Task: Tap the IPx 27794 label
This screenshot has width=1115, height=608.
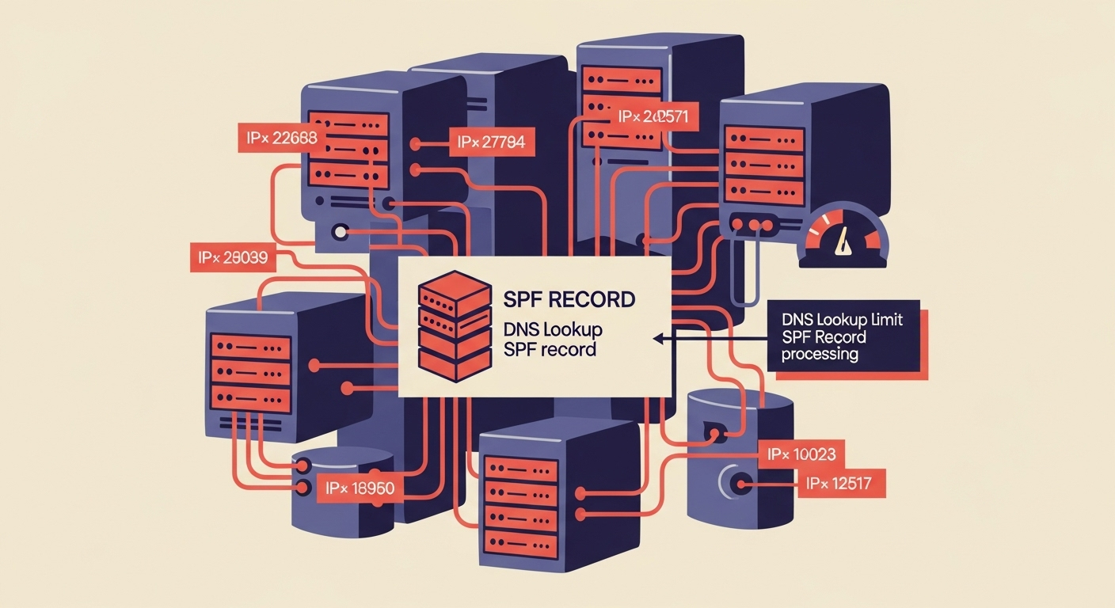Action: [x=490, y=143]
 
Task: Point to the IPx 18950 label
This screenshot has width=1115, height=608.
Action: [x=360, y=487]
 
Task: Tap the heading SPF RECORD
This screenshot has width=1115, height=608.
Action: [x=569, y=300]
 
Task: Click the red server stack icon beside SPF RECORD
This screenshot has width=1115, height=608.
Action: [x=453, y=326]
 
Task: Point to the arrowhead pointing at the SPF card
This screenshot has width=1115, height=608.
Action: [x=657, y=338]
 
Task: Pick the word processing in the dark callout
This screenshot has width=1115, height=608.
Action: [x=820, y=354]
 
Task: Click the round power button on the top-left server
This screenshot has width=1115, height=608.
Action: [x=341, y=233]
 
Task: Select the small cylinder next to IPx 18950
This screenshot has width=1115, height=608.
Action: [x=343, y=491]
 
